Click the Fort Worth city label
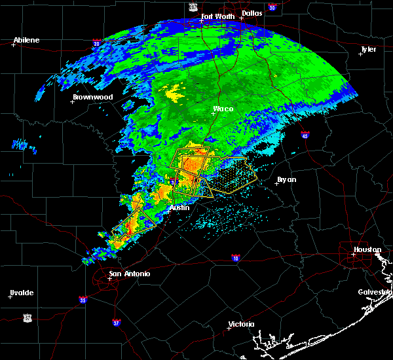[217, 16]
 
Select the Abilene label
[27, 40]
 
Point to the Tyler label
[369, 49]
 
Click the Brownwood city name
[92, 97]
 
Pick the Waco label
[223, 109]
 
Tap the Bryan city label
[286, 179]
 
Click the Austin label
[179, 207]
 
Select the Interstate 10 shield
[234, 259]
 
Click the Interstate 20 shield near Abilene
[96, 44]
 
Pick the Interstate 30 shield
[272, 7]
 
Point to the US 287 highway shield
[193, 7]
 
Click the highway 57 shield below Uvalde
[27, 317]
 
